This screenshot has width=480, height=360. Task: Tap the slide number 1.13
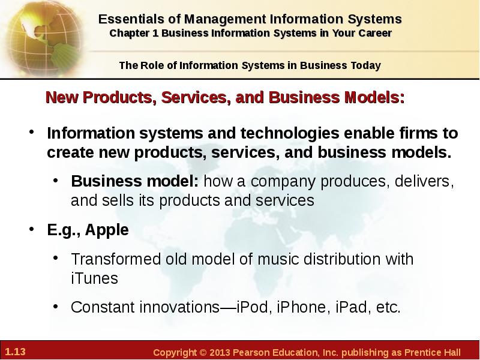pos(16,352)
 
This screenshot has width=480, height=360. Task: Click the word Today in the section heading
pos(366,65)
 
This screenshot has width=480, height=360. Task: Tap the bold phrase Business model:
pos(135,181)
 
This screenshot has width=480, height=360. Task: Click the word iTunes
pos(94,278)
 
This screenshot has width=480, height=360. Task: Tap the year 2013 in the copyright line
pos(220,352)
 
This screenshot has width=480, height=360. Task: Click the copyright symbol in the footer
pos(203,352)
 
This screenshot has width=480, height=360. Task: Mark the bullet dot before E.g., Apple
pos(32,229)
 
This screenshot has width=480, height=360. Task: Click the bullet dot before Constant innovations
pos(55,306)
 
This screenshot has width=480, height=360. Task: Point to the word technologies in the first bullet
pos(290,133)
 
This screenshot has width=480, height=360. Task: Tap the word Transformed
pos(116,259)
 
